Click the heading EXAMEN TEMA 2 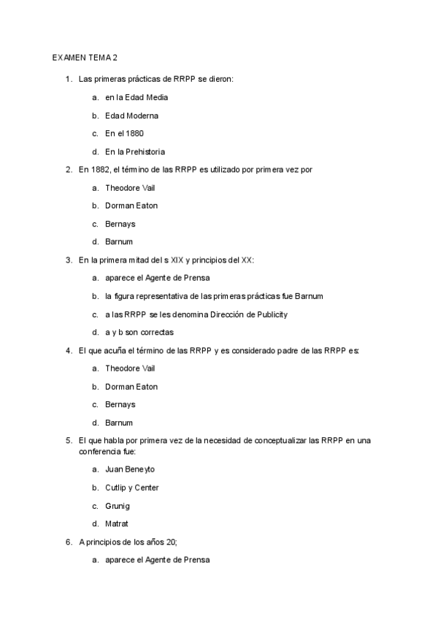(85, 58)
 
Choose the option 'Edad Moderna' (131, 116)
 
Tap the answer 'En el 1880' (124, 134)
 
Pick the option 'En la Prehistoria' (134, 152)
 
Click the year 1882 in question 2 (101, 170)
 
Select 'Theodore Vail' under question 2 (130, 188)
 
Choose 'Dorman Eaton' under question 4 (131, 387)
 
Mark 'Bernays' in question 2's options (120, 224)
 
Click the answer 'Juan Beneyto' (130, 469)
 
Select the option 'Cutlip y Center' (132, 488)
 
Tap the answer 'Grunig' (118, 506)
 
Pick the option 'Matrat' (117, 523)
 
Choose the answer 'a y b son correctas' (139, 333)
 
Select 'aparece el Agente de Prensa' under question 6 (157, 560)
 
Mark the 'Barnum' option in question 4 (118, 423)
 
